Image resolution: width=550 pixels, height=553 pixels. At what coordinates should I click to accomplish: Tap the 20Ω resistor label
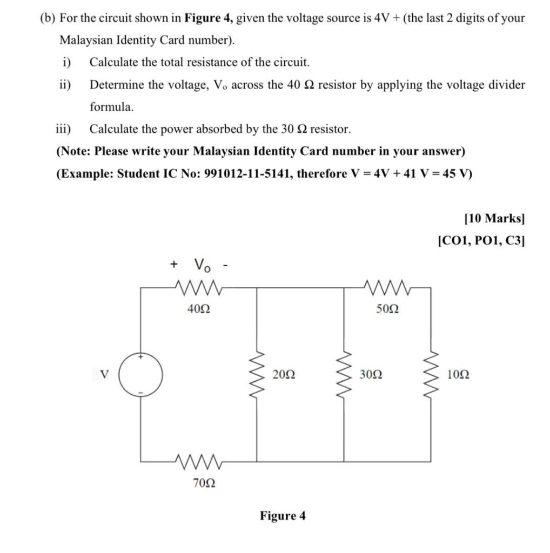pos(284,374)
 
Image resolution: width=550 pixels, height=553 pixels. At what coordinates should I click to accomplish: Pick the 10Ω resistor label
pos(458,374)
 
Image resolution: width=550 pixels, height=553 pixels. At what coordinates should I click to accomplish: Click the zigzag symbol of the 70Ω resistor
pos(198,462)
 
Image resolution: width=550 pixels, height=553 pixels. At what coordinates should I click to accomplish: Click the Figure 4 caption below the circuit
pos(283,516)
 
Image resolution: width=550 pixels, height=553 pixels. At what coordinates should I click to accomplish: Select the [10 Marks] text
pos(494,218)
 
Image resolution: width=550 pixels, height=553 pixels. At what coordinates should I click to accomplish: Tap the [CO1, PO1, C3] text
pos(481,240)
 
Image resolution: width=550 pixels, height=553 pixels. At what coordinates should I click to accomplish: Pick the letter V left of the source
pos(105,374)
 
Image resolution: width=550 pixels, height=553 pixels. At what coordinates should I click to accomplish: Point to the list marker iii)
pos(65,129)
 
